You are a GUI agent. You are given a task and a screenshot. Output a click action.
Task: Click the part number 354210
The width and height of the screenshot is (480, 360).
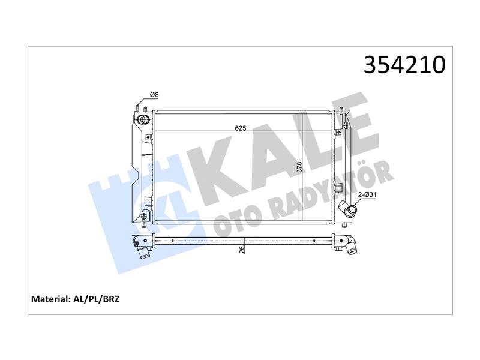tap(404, 65)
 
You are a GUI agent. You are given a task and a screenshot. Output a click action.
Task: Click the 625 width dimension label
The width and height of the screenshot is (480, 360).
tap(241, 128)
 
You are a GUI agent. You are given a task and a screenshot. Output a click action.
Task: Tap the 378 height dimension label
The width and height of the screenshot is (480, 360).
tap(299, 167)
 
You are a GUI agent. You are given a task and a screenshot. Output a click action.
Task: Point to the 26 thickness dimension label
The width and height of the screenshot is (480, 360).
tap(242, 250)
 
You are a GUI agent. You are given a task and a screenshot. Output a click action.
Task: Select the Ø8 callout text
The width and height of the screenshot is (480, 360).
tap(154, 95)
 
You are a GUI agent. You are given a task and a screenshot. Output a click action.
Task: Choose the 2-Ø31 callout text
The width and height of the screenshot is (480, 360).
tap(367, 194)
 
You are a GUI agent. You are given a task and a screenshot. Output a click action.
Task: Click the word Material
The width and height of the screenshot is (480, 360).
tap(51, 299)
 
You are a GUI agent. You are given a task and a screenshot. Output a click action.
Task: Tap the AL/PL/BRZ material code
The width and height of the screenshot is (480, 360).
tap(96, 299)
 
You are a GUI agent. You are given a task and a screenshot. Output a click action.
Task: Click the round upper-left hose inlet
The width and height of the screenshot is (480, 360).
tap(143, 119)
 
